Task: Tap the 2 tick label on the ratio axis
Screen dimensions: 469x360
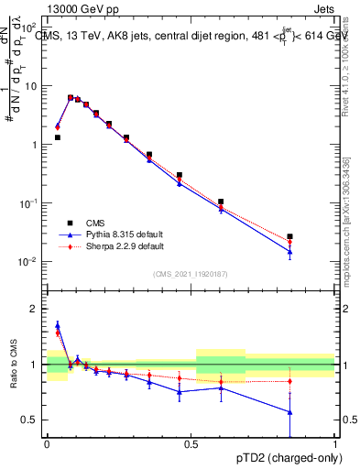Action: point(34,309)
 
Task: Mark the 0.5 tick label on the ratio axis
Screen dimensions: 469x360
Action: point(30,420)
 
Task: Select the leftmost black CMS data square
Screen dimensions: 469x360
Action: point(57,137)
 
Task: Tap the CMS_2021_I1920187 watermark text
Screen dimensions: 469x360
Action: point(190,273)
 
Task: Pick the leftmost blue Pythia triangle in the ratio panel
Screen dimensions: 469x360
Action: point(57,325)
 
